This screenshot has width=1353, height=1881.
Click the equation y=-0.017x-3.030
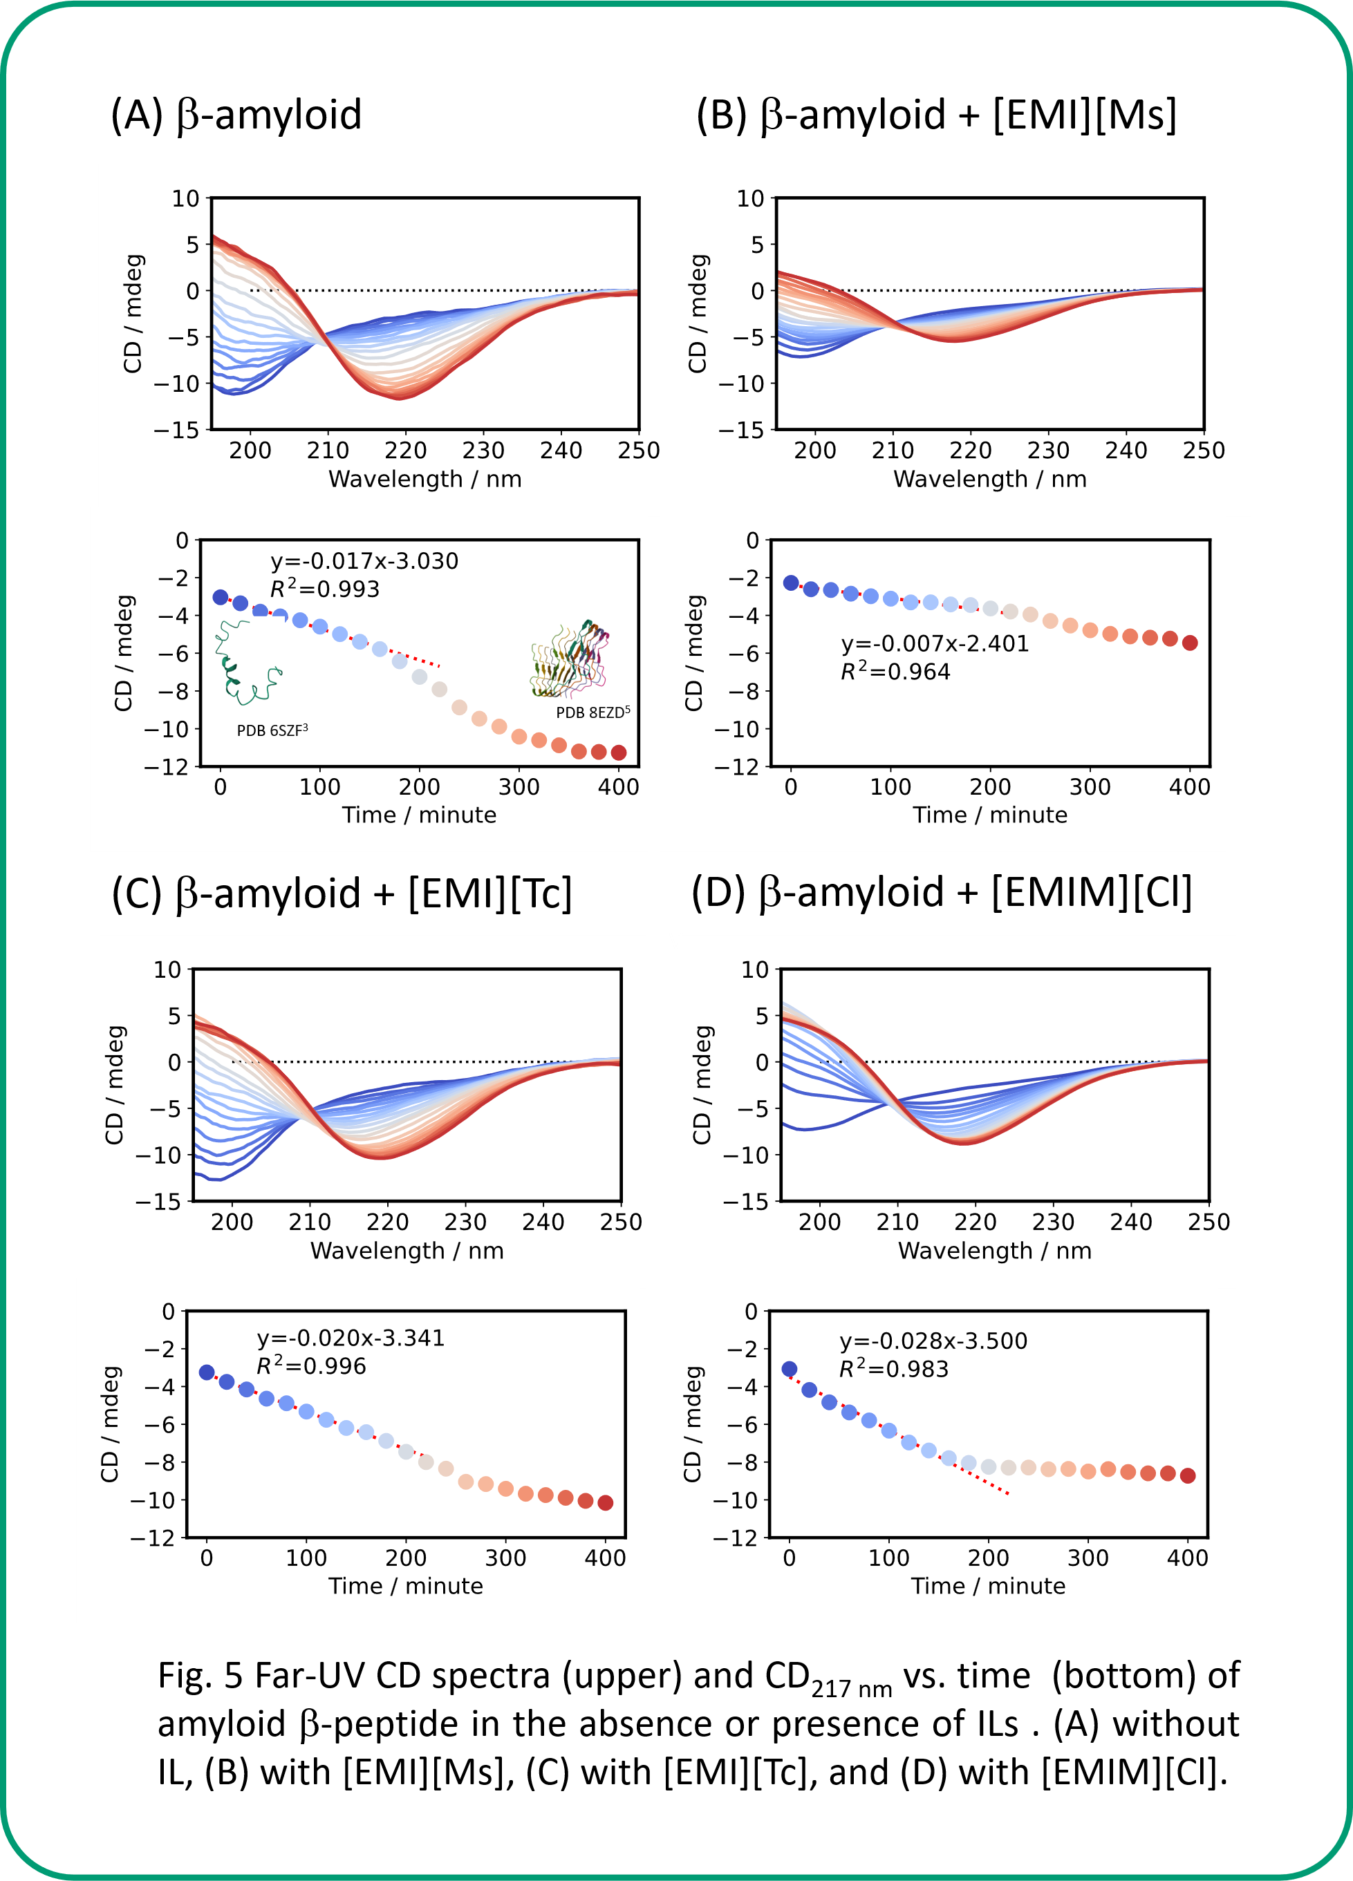click(364, 562)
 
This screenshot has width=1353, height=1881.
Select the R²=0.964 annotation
click(895, 672)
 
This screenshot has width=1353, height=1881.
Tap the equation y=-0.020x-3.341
click(351, 1338)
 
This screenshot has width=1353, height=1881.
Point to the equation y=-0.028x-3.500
click(933, 1341)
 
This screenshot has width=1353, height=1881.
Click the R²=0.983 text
click(893, 1369)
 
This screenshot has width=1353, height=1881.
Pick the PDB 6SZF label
click(272, 730)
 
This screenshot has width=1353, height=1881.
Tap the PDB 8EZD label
click(592, 712)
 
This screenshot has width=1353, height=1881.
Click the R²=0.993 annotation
click(324, 589)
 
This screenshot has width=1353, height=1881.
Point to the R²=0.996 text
click(311, 1366)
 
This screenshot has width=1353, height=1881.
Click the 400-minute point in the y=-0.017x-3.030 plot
click(619, 753)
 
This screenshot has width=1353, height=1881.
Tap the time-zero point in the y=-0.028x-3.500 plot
click(789, 1369)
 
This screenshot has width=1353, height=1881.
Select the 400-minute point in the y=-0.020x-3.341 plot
click(606, 1503)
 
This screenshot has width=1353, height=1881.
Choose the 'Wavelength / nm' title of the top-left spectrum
click(424, 480)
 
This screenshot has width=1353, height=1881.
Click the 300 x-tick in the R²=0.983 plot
click(1088, 1558)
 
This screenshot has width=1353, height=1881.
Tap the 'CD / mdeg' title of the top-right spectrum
click(698, 314)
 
